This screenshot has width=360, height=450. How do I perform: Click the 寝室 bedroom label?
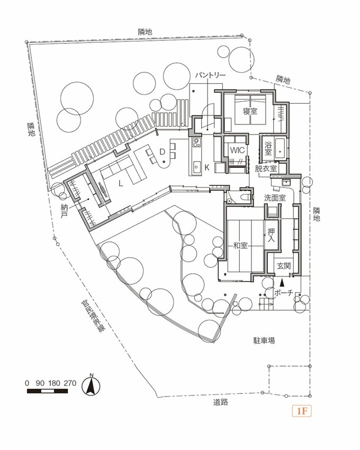[x=250, y=111]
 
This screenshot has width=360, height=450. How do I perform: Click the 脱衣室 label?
[x=266, y=168]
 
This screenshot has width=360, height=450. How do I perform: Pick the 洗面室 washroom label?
[x=275, y=197]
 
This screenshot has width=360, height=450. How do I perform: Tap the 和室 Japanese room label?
[x=241, y=246]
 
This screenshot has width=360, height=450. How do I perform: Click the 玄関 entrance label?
[x=284, y=266]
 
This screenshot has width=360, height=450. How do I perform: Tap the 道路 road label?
[x=221, y=403]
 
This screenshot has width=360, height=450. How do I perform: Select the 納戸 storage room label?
[x=64, y=213]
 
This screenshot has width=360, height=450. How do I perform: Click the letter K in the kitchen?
[x=207, y=167]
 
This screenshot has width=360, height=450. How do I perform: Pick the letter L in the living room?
[x=121, y=184]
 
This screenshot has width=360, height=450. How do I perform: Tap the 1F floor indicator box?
[x=302, y=411]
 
